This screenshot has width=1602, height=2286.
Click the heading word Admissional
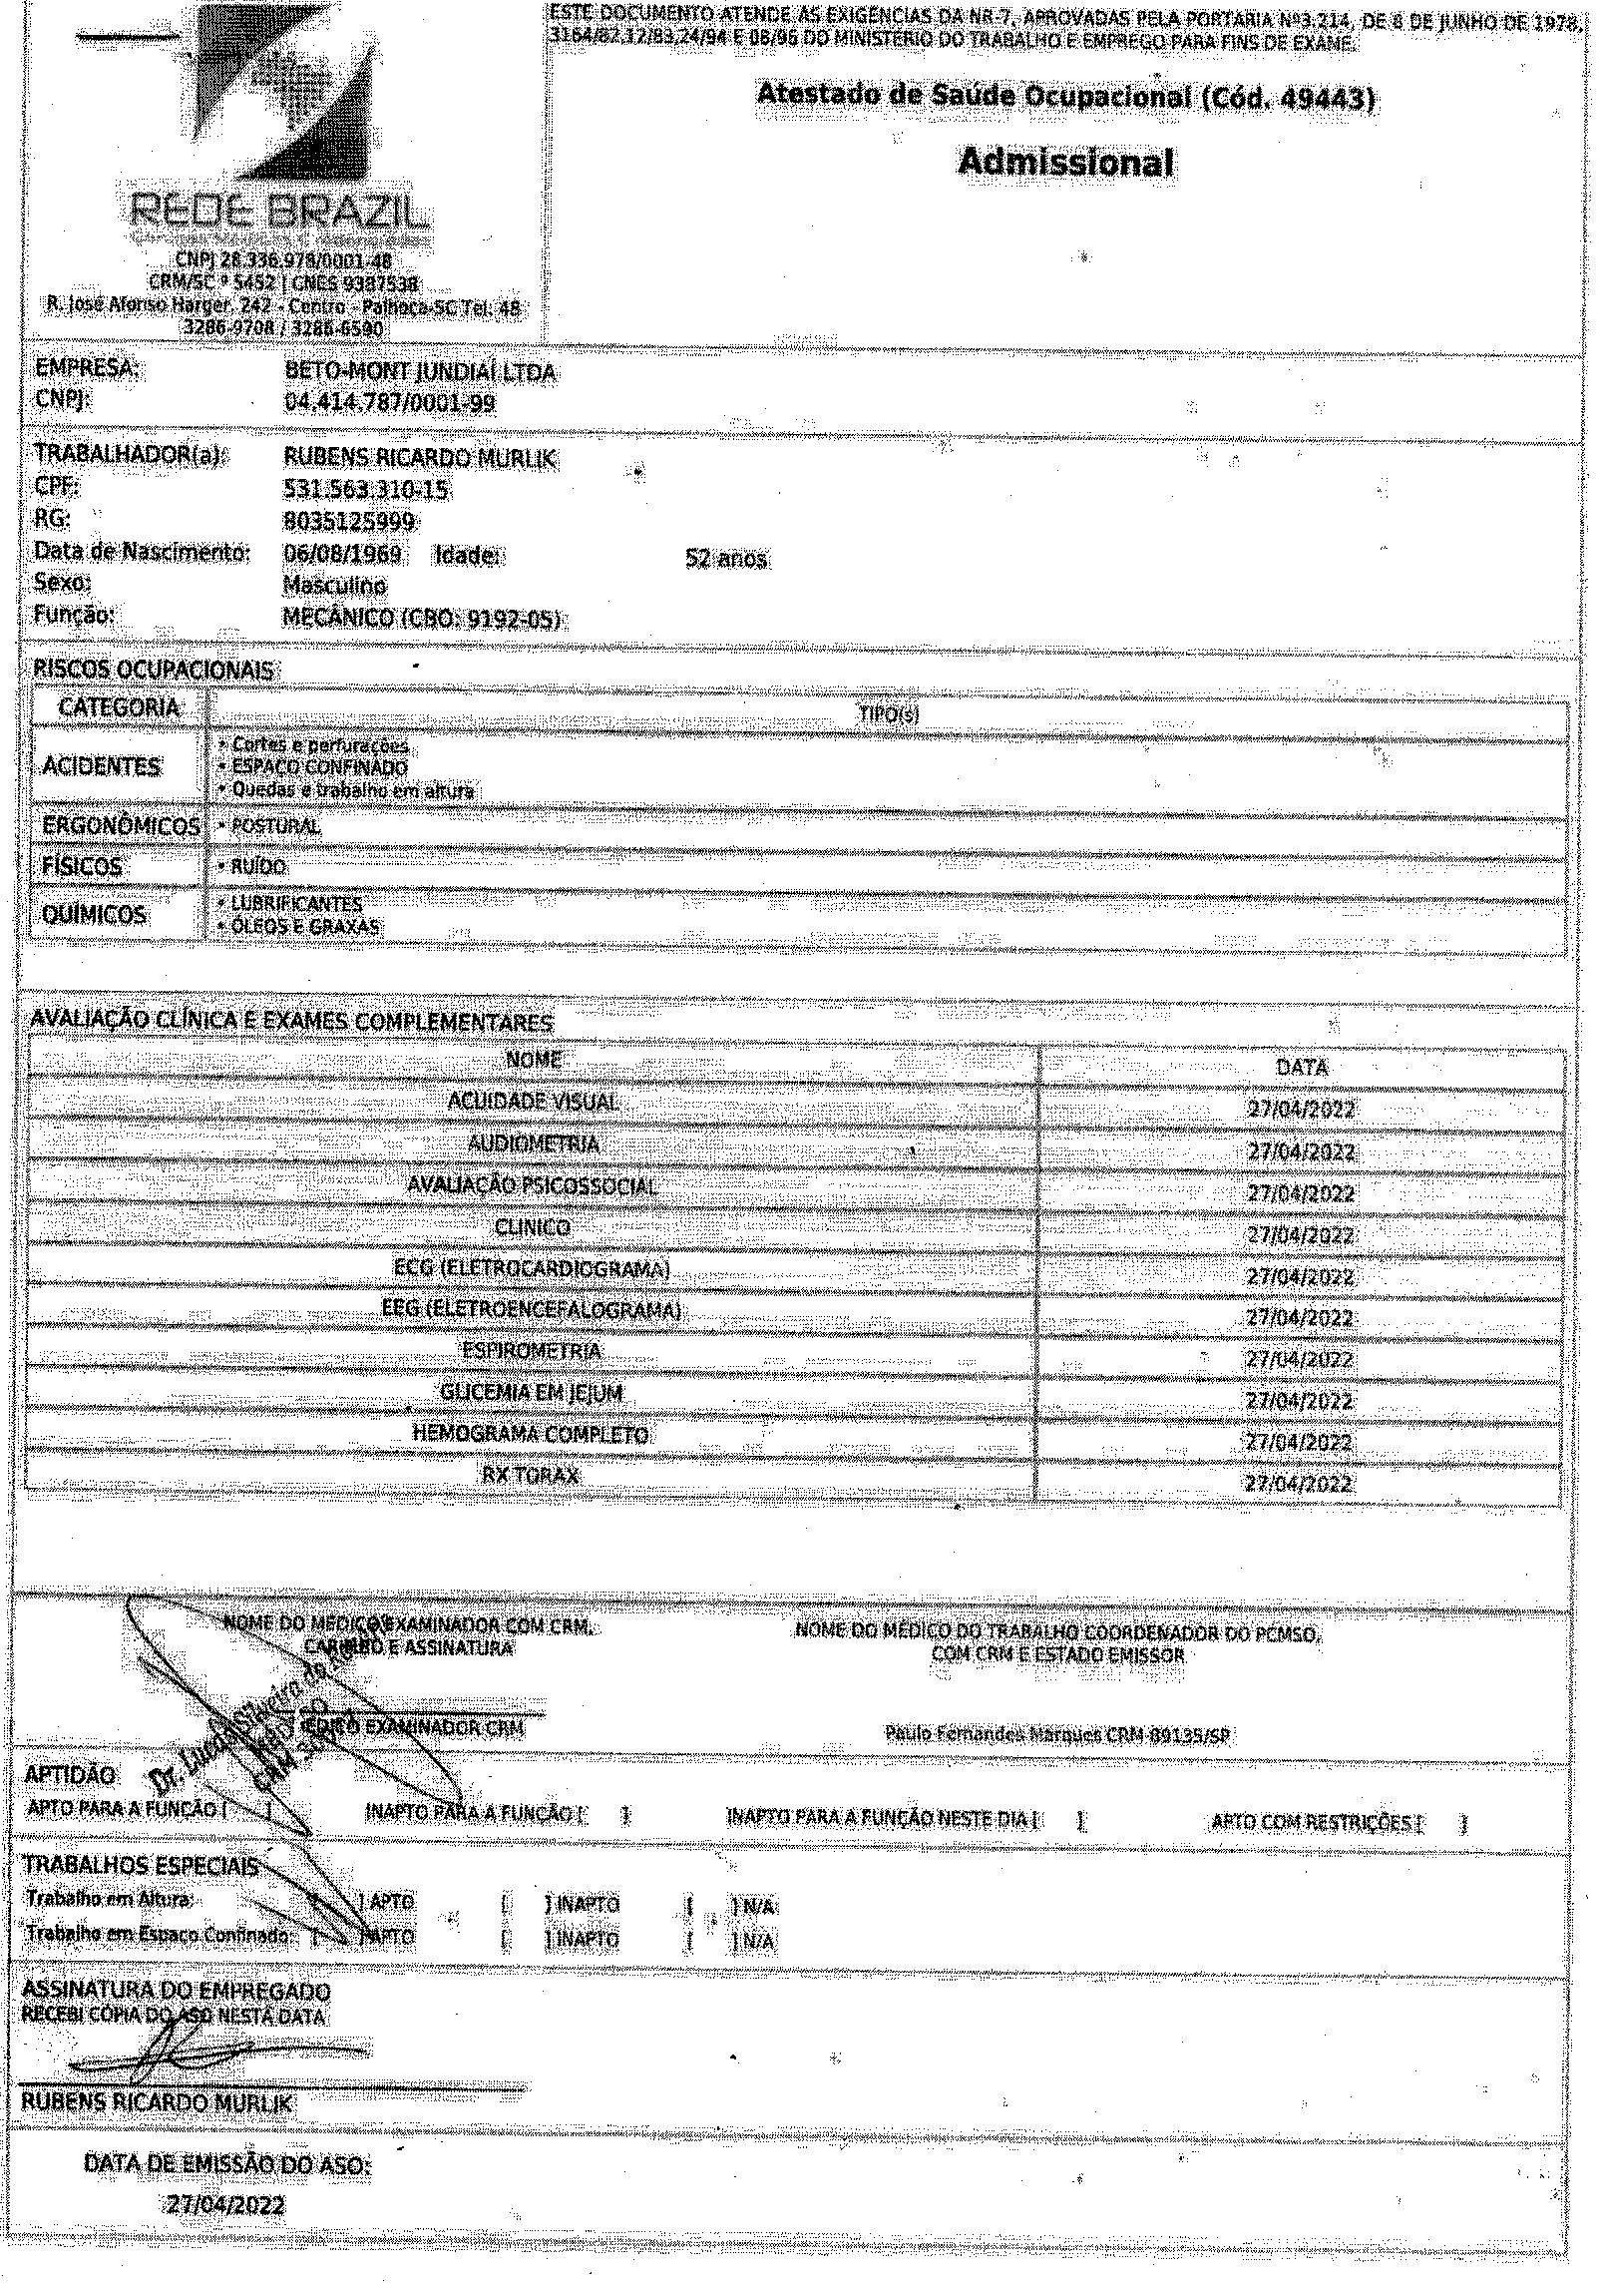point(1065,162)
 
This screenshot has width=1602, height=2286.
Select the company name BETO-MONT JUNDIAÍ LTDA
point(420,374)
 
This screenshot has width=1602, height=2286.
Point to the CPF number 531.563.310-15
point(366,491)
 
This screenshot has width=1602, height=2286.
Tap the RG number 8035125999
point(349,522)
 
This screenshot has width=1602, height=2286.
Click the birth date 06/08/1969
point(342,554)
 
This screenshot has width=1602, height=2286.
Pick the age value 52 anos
point(726,559)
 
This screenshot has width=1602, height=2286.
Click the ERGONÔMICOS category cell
point(120,826)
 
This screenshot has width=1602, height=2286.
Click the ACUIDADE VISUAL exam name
point(533,1102)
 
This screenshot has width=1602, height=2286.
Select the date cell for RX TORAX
point(1299,1484)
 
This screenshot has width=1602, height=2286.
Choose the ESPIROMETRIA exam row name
point(532,1351)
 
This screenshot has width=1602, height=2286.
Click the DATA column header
point(1302,1067)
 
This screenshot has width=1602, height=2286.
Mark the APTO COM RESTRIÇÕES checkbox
point(1443,1824)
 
